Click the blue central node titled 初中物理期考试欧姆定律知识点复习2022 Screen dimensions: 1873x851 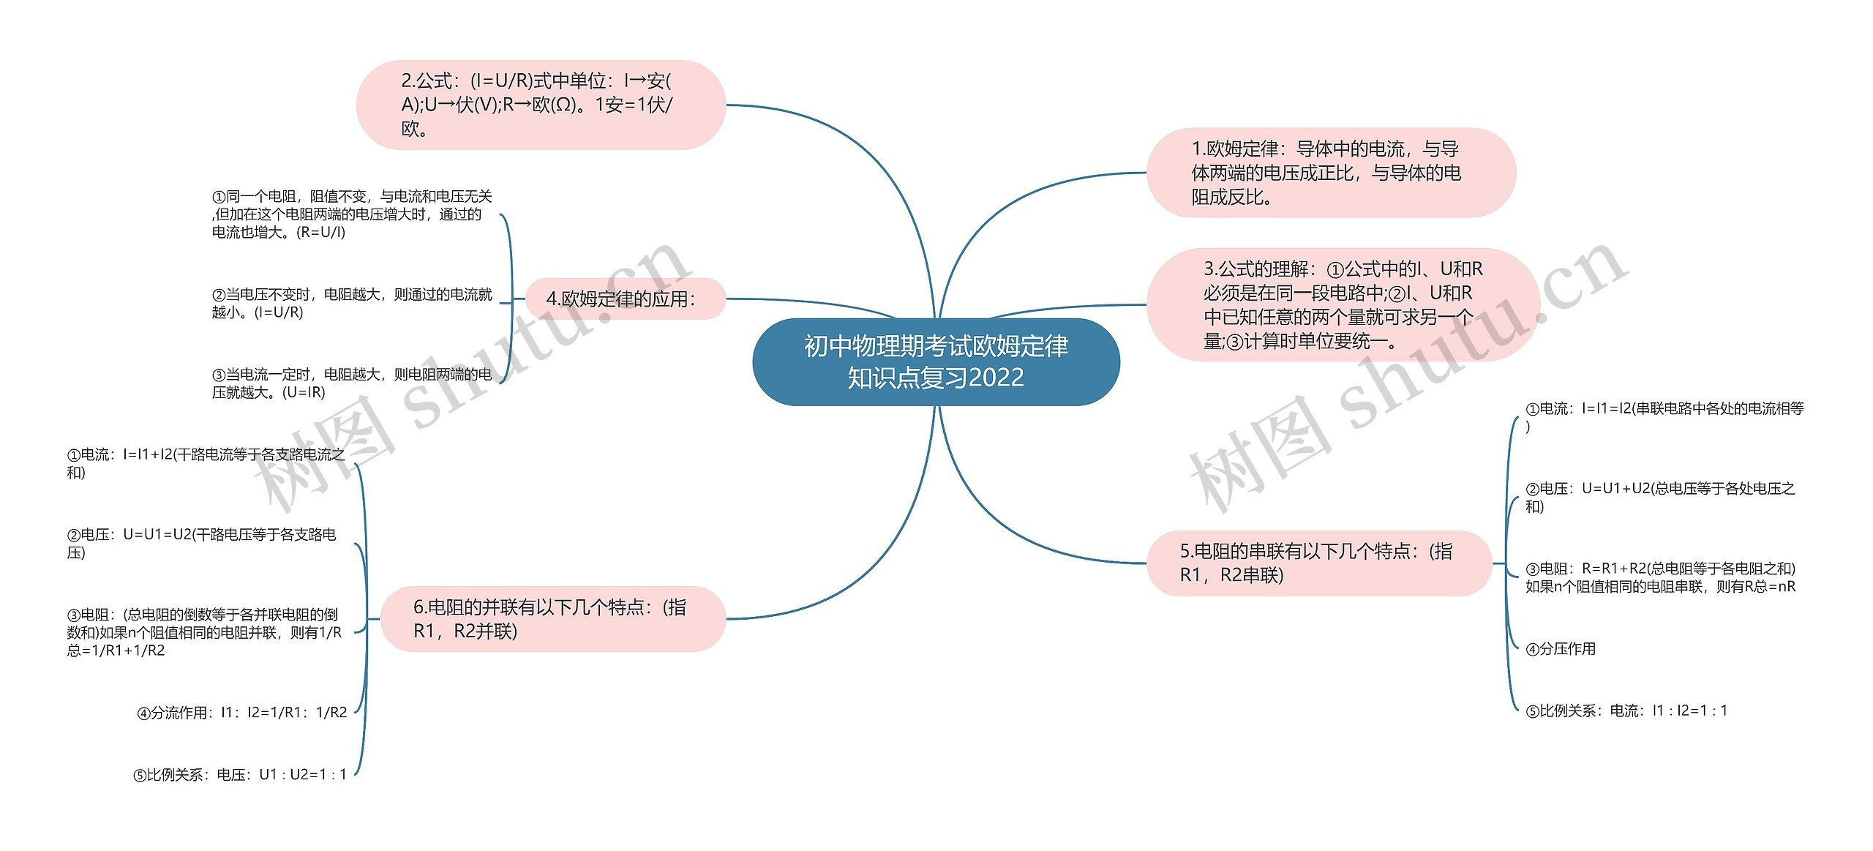[936, 361]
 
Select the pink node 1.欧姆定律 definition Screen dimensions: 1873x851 [1330, 173]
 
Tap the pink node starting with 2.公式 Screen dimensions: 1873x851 [540, 105]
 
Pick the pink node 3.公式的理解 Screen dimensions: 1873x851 [1343, 304]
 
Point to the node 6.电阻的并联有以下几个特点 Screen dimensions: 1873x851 [552, 618]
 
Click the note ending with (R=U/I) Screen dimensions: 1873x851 [351, 214]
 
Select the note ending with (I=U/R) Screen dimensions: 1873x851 [351, 303]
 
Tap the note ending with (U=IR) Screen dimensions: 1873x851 [351, 383]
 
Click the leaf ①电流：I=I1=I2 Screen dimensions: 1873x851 [1664, 417]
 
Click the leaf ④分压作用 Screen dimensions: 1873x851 [1561, 648]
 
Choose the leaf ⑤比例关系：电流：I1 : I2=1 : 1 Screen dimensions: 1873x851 [1626, 710]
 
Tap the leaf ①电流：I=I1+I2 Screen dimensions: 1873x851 [205, 463]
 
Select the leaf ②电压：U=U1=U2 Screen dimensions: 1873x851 [201, 543]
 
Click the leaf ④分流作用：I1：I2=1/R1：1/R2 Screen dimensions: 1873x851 [241, 712]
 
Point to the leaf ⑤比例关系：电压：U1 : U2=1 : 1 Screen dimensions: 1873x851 [239, 774]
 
